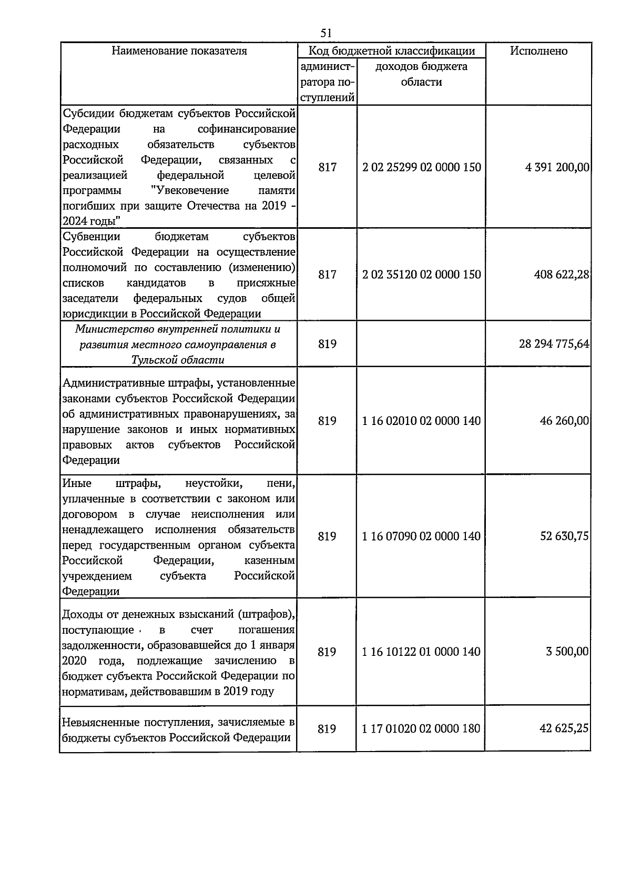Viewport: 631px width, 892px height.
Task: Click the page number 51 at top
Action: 326,33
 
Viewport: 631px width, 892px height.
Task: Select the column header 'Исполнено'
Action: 538,51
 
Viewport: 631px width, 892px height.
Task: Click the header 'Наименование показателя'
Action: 179,51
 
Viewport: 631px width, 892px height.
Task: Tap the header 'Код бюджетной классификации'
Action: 391,51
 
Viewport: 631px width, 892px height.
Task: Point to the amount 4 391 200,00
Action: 557,167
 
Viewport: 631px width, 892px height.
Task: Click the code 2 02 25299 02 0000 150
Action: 421,167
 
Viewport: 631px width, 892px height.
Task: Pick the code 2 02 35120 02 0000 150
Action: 421,275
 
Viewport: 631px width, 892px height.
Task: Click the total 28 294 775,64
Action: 554,344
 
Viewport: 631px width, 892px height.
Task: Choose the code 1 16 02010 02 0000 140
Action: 421,421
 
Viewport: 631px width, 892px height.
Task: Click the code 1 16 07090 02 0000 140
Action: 421,536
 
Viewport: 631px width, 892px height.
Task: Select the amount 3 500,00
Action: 567,652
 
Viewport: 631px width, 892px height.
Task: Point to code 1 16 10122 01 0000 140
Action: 421,652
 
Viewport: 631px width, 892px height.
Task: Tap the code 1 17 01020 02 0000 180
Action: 421,729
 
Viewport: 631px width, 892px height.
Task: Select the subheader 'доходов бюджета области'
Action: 421,74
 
